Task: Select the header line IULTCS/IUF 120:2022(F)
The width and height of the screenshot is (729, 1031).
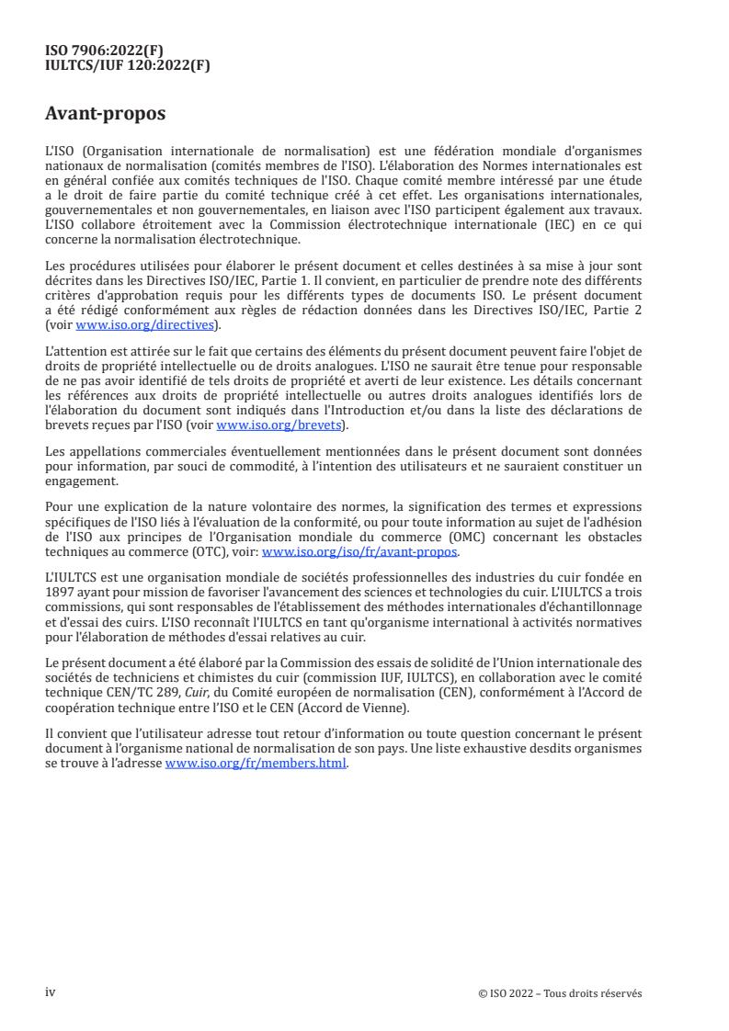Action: click(128, 64)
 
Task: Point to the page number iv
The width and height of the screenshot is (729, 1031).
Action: click(51, 992)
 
